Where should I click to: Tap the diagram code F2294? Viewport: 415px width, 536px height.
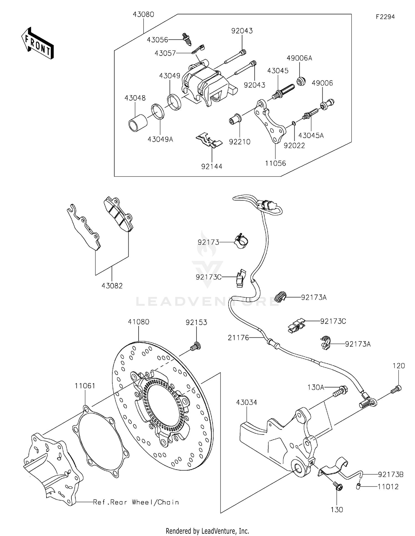click(385, 17)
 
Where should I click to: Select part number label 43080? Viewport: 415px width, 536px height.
click(143, 14)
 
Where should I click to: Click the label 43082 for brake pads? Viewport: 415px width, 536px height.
click(112, 286)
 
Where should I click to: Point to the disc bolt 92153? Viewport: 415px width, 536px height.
click(196, 346)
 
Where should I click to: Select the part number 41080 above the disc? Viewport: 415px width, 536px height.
click(139, 322)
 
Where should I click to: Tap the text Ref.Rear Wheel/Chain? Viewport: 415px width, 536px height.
click(136, 502)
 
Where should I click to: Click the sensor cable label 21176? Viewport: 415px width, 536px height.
click(238, 337)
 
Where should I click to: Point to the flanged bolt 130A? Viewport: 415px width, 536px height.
click(341, 391)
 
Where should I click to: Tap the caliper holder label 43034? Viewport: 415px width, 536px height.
click(247, 402)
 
